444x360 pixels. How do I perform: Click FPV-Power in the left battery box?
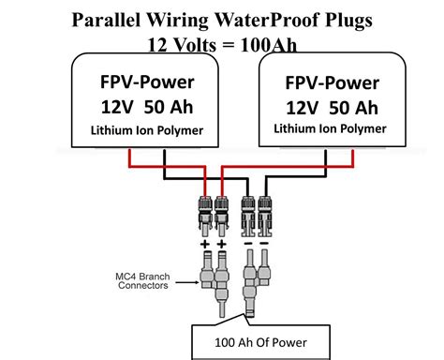146,79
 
